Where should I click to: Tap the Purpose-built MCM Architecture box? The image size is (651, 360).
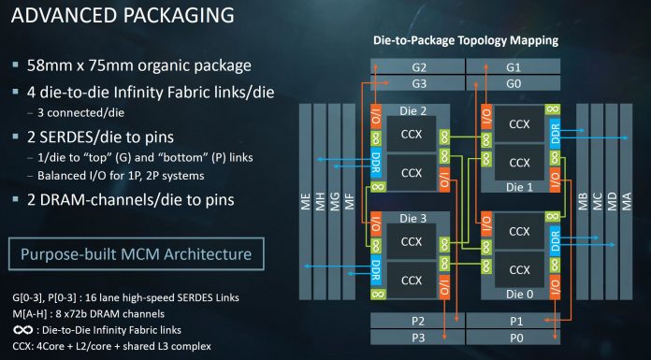point(137,254)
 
